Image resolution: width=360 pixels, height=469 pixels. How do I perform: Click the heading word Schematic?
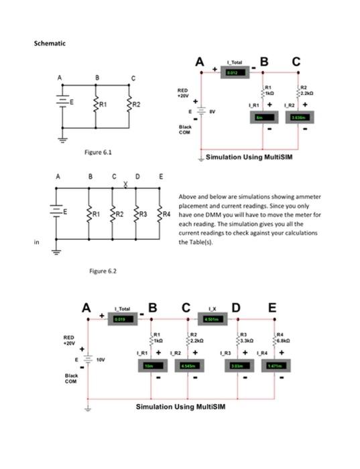click(x=50, y=44)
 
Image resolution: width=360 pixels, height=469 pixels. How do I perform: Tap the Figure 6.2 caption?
click(x=103, y=270)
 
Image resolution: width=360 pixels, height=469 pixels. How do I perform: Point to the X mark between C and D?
click(x=125, y=185)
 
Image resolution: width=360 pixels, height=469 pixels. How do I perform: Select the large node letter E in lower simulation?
click(x=271, y=308)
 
